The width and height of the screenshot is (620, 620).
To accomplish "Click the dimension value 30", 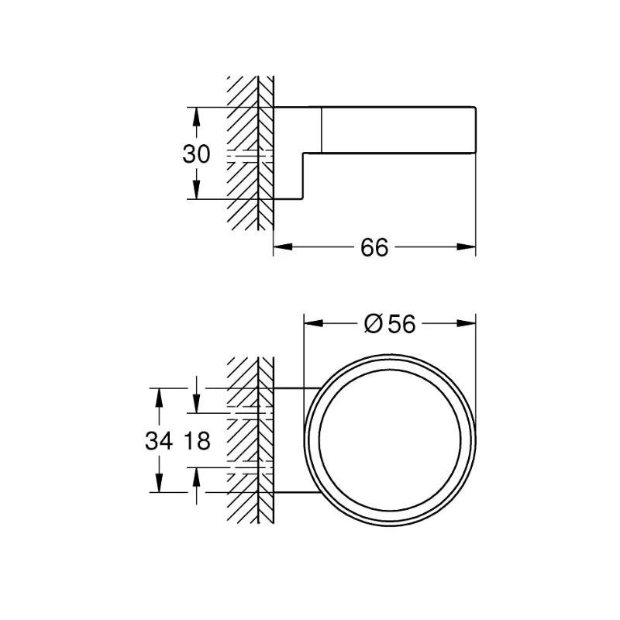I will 196,153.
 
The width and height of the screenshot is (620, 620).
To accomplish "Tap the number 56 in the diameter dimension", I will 402,325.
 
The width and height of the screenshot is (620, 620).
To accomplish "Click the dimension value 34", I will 158,441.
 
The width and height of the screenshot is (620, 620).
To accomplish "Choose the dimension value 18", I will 198,441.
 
